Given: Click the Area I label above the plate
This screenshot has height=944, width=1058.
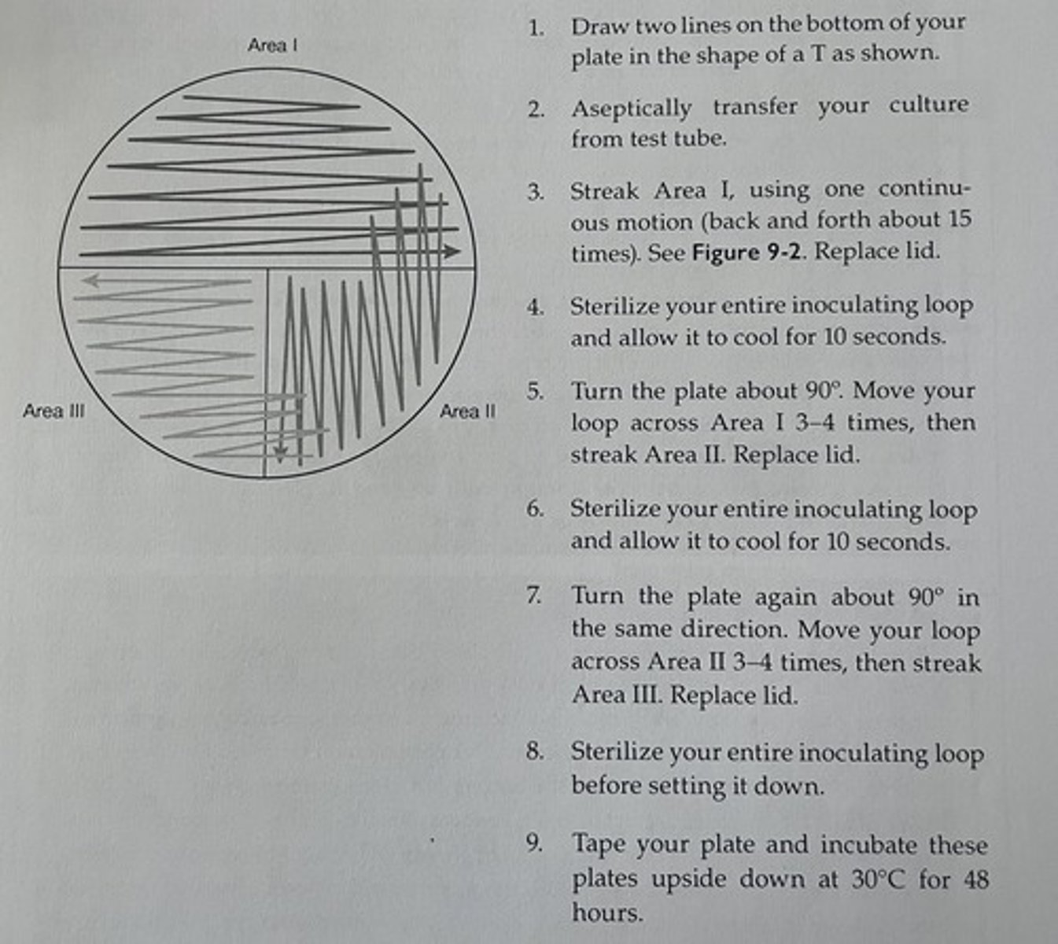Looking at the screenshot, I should click(272, 46).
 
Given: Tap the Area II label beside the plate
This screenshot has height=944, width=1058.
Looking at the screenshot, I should click(467, 411).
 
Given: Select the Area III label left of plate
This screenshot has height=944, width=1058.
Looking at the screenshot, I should click(53, 411).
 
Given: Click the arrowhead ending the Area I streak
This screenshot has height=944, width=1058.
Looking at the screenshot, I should click(451, 252).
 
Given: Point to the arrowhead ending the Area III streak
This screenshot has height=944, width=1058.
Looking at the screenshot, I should click(90, 279).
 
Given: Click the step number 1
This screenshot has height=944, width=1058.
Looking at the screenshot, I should click(536, 28).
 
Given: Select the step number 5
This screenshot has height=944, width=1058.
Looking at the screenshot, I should click(535, 392).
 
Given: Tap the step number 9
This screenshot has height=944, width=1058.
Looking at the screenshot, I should click(535, 845).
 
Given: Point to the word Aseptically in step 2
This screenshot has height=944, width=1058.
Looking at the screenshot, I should click(631, 108).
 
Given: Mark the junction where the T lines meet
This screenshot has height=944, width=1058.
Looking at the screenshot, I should click(267, 269).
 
